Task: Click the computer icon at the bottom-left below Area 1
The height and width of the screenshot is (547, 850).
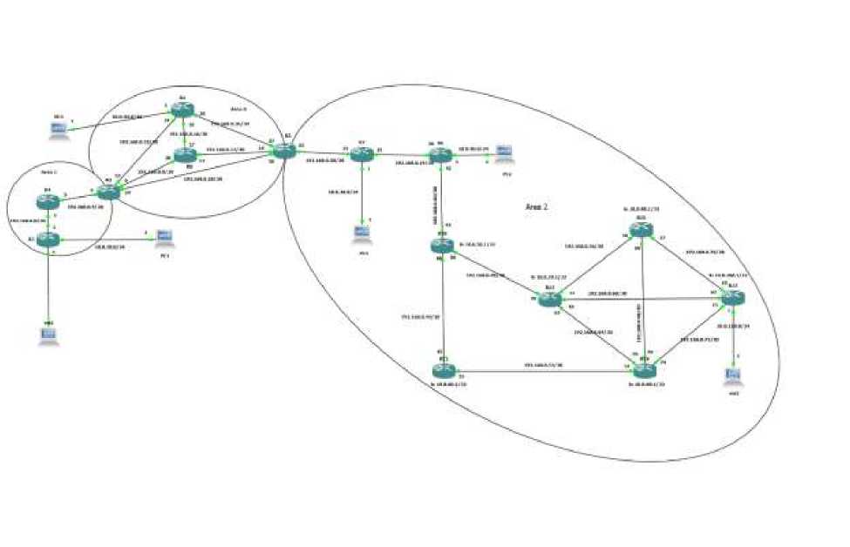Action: click(x=49, y=336)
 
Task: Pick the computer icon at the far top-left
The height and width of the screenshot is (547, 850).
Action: click(x=58, y=130)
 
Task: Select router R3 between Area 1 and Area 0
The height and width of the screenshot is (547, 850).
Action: click(x=109, y=192)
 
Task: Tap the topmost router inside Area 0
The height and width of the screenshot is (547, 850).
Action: click(x=180, y=110)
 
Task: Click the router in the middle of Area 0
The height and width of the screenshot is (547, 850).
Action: click(x=184, y=156)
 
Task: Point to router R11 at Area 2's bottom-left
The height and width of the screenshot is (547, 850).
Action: click(x=443, y=367)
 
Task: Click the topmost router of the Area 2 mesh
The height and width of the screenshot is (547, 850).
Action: click(x=642, y=230)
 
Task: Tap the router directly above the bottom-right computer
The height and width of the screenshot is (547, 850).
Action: click(x=732, y=296)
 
